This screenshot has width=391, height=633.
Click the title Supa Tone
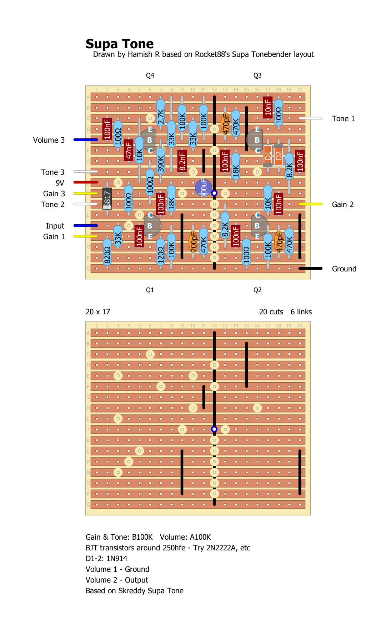[x=120, y=44]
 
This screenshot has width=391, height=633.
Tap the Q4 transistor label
[x=150, y=75]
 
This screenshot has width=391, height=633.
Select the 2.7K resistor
[x=161, y=117]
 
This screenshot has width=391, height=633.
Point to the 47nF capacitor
[x=129, y=150]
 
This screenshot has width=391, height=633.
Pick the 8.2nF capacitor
[x=182, y=161]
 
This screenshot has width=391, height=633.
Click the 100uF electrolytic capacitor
[x=204, y=188]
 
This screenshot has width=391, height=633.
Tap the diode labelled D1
[x=268, y=156]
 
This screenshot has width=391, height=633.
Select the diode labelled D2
[x=279, y=156]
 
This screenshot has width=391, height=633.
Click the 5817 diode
[x=107, y=198]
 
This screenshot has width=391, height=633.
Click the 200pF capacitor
[x=193, y=241]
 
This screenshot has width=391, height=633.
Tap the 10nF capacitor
[x=268, y=107]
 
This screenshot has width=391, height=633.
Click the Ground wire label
[x=344, y=269]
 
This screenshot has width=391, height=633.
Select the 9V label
[x=60, y=183]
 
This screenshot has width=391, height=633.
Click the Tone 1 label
[x=343, y=119]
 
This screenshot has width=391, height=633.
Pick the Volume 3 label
[x=49, y=140]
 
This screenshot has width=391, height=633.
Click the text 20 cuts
[x=271, y=312]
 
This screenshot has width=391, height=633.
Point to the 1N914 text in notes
[x=117, y=559]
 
